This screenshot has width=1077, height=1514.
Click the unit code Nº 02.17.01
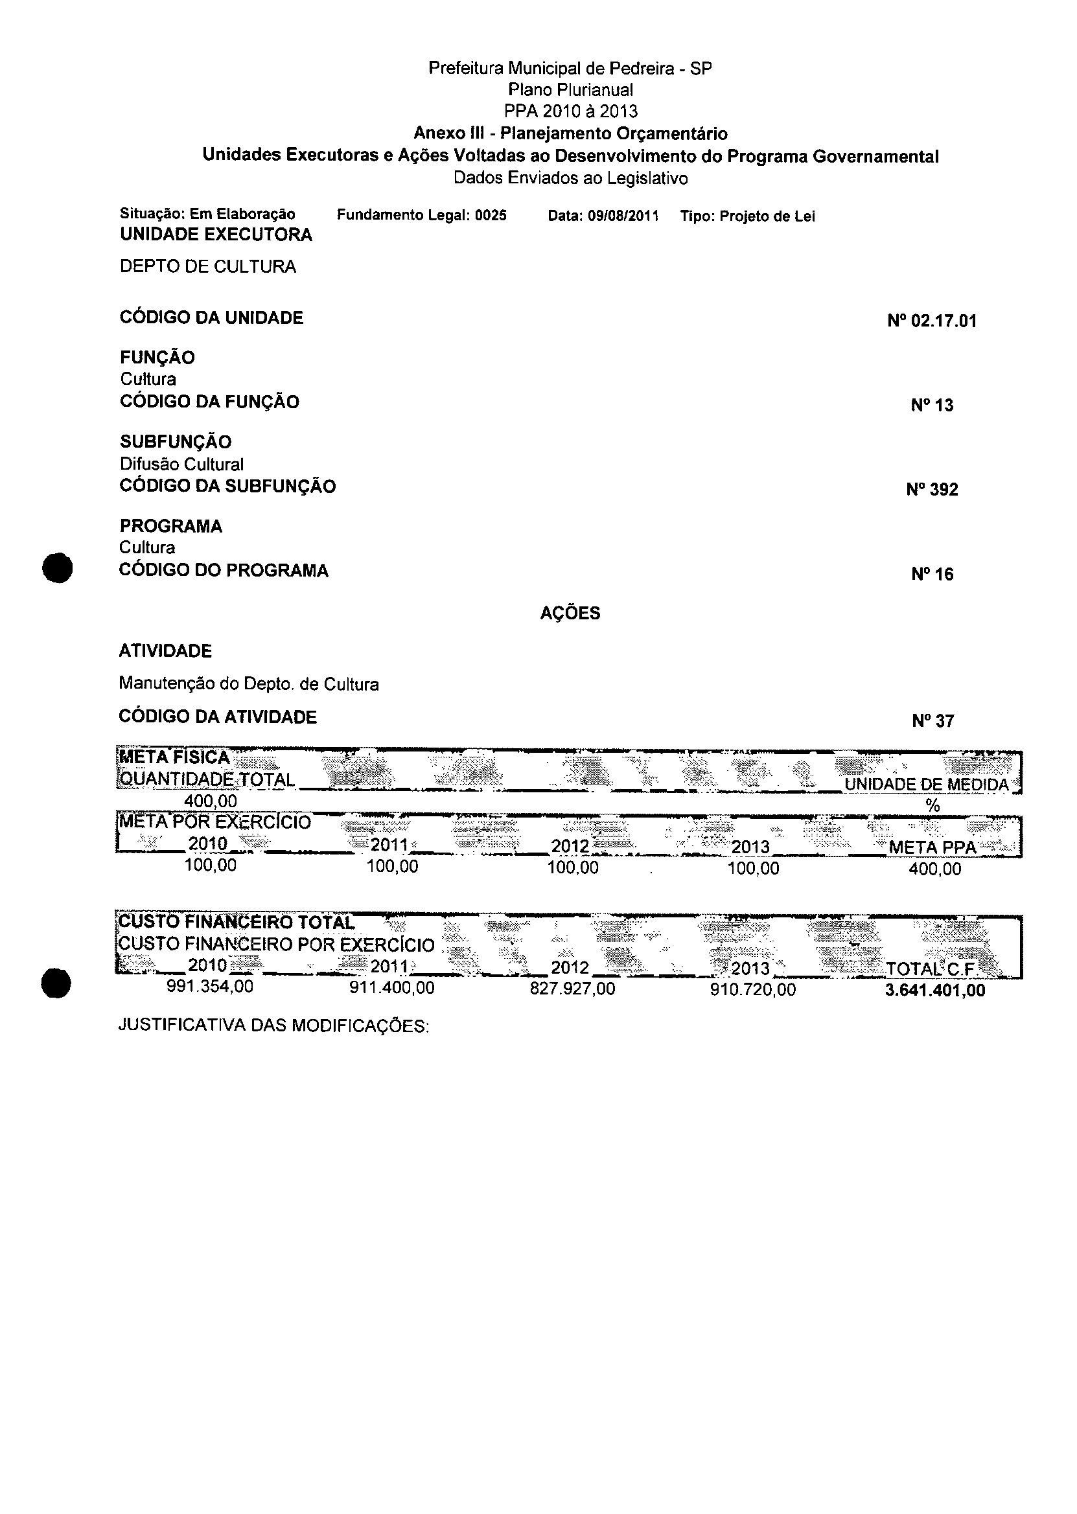click(932, 321)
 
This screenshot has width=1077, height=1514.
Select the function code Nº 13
click(932, 405)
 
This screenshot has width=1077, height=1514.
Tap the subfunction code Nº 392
click(932, 490)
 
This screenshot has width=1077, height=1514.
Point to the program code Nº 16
click(932, 574)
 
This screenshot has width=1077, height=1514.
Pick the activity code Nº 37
click(932, 721)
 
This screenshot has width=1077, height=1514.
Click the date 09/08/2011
click(622, 216)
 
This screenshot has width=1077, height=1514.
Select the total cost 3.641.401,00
click(934, 991)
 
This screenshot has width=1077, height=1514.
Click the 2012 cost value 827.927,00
click(572, 989)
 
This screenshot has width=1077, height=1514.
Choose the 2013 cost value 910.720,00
click(753, 990)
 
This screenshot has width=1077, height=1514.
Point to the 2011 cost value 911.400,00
click(392, 988)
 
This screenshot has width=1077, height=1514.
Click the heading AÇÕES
click(570, 613)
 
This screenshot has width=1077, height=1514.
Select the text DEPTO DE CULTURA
click(207, 266)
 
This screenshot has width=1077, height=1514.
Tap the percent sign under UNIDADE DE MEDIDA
click(933, 806)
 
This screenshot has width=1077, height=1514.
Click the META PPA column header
click(932, 848)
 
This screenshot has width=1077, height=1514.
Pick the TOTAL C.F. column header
click(932, 969)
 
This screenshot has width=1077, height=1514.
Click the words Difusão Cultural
click(181, 464)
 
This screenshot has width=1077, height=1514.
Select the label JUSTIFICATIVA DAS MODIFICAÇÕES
click(273, 1026)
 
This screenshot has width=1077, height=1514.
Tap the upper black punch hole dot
click(57, 568)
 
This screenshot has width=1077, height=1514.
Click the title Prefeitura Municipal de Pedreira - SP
click(570, 68)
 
